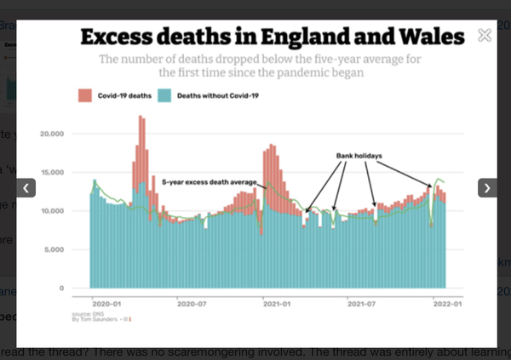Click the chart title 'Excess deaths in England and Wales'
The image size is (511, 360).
pos(273,37)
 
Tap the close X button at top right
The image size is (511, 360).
pos(485,36)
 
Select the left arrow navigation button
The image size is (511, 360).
pos(26,187)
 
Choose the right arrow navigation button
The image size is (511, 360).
pos(487,187)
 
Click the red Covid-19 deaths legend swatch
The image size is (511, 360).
pos(84,95)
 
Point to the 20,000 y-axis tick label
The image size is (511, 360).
pos(53,134)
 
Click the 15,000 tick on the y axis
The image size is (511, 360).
pos(53,173)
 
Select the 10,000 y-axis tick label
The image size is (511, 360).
pos(53,211)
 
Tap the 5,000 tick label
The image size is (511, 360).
pos(55,249)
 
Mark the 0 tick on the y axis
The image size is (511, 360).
pos(60,288)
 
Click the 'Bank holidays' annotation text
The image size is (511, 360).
pos(358,156)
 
